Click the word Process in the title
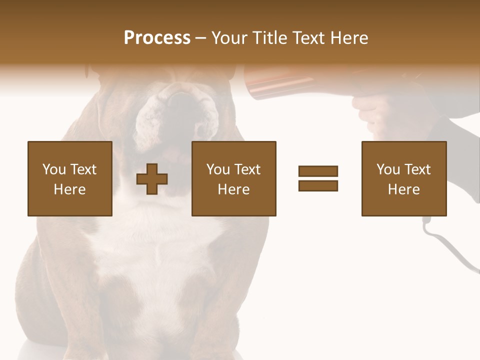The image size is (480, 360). coord(157,38)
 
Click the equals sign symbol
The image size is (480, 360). coord(318,178)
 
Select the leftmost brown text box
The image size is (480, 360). coord(70,178)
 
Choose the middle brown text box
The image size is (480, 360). coord(234,178)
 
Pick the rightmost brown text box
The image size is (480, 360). coord(404,178)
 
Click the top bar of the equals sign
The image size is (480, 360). coord(318,171)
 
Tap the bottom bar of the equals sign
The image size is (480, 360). coord(318,185)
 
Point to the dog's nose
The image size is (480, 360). coord(180,100)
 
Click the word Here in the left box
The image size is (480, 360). coord(70,189)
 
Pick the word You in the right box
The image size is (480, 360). coord(388,169)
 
